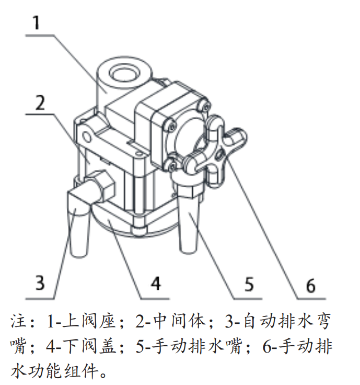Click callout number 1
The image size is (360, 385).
(x=36, y=22)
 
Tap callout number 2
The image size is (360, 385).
(x=40, y=103)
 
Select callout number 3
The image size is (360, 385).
(x=40, y=283)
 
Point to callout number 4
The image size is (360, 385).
(x=156, y=283)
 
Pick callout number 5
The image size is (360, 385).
(x=249, y=284)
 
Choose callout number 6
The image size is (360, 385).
(x=311, y=285)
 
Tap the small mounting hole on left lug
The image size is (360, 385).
(x=86, y=137)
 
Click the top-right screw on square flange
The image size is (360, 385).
(x=206, y=106)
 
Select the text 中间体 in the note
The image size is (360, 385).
(x=180, y=321)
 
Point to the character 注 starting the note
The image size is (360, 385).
(x=19, y=321)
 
